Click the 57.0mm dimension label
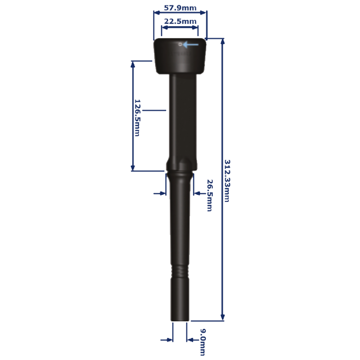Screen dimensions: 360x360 [180, 8]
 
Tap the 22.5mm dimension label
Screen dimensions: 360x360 [180, 21]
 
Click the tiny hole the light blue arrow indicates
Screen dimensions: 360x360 [180, 45]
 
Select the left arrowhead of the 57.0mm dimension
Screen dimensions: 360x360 [155, 13]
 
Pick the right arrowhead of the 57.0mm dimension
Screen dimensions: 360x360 [205, 13]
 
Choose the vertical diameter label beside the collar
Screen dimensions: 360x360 [209, 195]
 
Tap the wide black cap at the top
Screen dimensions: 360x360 [180, 56]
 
